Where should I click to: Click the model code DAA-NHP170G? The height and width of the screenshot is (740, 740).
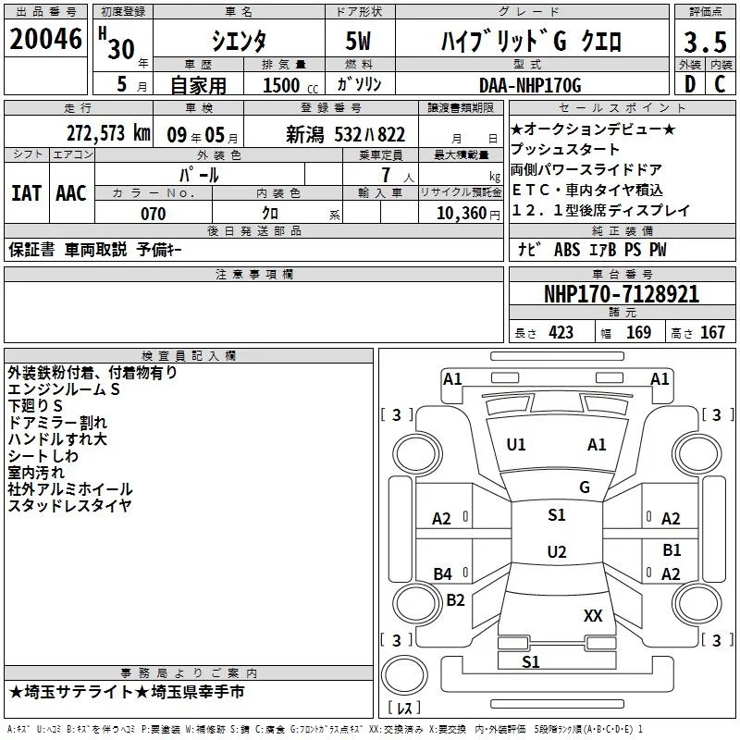[530, 86]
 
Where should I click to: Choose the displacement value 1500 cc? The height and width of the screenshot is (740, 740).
[289, 86]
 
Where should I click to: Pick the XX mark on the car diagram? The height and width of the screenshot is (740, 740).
[593, 615]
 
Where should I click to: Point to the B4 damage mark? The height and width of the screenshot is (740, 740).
[443, 574]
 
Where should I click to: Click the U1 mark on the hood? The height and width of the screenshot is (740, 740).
[516, 445]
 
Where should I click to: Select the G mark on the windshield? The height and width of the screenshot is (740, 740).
[585, 487]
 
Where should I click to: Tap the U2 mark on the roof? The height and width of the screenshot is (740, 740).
[556, 552]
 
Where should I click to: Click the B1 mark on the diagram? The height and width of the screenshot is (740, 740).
[672, 550]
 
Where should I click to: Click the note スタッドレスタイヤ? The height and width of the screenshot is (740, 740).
[69, 505]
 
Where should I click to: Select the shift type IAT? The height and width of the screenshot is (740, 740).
[26, 193]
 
